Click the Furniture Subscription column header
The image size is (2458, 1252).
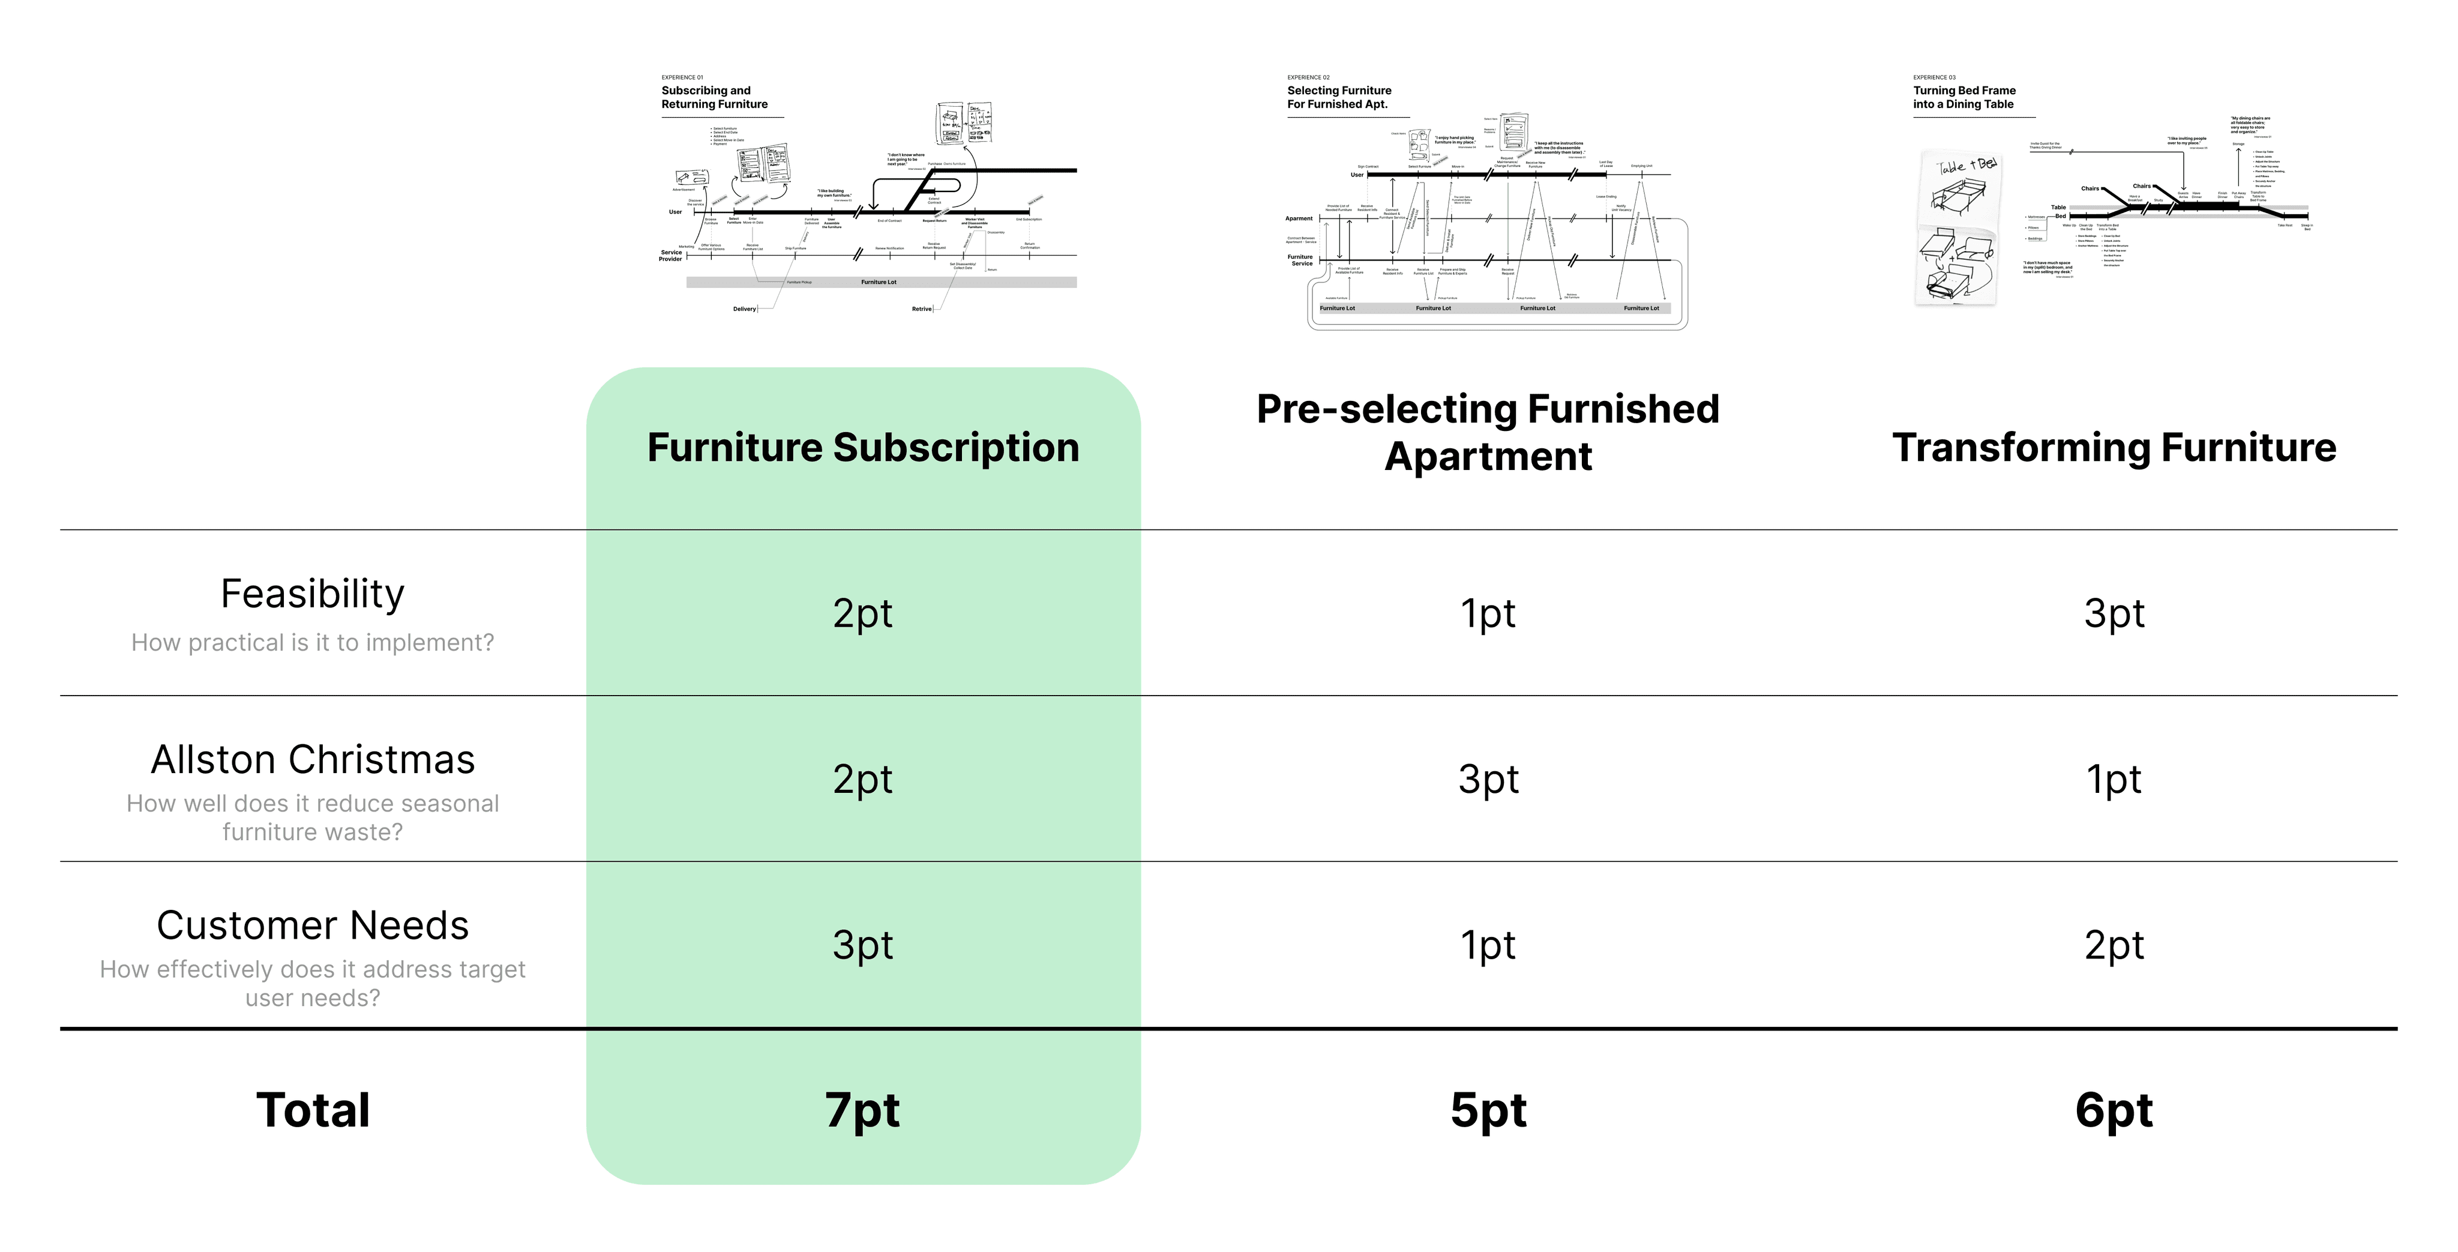click(862, 448)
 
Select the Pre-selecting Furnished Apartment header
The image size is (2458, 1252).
click(1488, 432)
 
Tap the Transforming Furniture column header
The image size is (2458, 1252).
click(2114, 448)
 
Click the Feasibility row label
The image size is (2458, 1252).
click(312, 594)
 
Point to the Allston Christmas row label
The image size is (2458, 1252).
click(312, 760)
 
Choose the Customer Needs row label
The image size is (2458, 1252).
click(312, 925)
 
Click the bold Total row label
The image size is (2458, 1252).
click(312, 1110)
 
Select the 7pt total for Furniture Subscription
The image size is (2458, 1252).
click(862, 1110)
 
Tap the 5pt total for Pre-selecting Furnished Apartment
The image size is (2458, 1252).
click(1488, 1110)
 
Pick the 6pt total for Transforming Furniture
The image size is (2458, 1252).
click(2114, 1110)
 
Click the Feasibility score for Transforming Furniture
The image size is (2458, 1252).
click(2114, 613)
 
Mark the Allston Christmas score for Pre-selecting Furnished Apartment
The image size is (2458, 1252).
click(1488, 778)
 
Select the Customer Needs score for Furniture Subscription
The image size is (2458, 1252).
click(862, 945)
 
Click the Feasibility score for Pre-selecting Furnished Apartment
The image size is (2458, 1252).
click(1488, 613)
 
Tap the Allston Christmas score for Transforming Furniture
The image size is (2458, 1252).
click(2114, 778)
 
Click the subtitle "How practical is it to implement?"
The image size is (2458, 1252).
click(312, 642)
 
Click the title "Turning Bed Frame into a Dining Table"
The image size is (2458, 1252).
click(1964, 97)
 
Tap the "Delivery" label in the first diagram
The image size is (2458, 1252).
click(744, 309)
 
